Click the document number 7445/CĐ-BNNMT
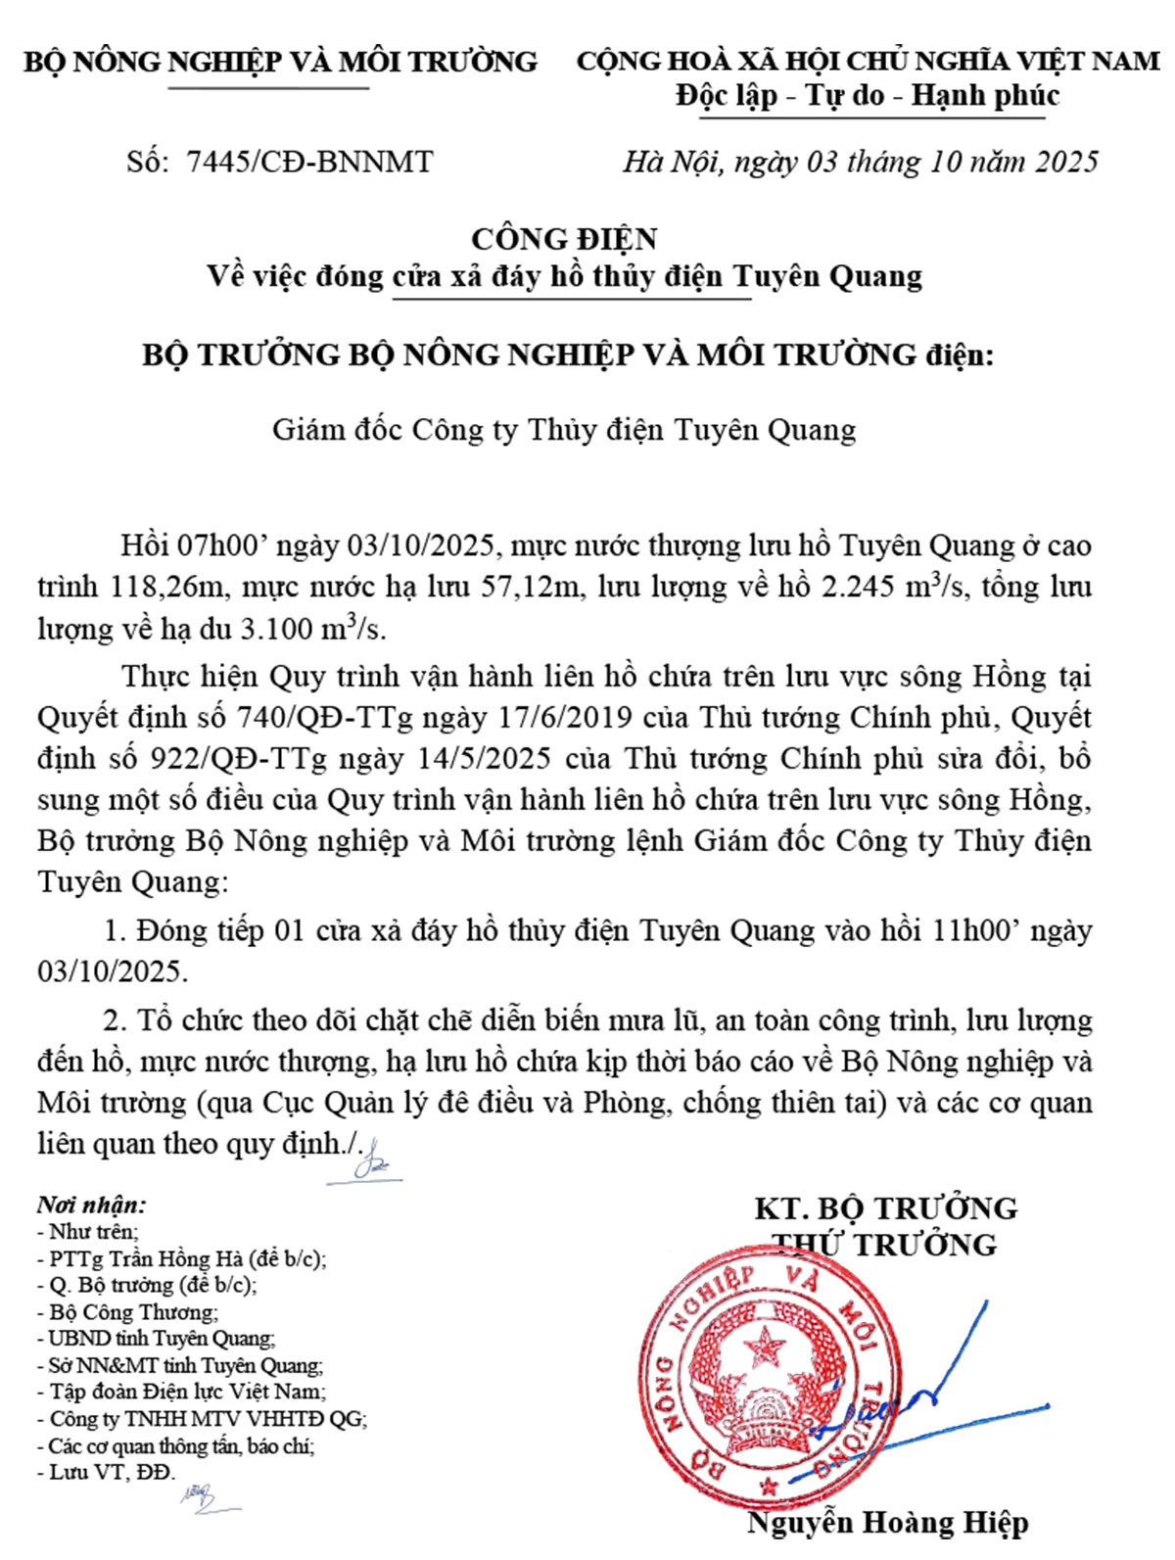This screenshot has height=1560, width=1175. coord(309,162)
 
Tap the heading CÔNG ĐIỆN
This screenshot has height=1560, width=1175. coord(564,239)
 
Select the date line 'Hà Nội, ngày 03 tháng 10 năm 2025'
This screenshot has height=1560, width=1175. coord(861,162)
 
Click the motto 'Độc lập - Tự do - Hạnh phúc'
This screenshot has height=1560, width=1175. coord(868,96)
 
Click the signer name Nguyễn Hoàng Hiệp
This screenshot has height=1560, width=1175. coord(887,1523)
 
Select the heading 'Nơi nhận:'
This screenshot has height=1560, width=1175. coord(91,1205)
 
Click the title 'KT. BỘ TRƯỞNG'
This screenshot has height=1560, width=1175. coord(886,1208)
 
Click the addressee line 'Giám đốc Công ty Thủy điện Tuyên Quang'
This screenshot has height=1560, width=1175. coord(564,430)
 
